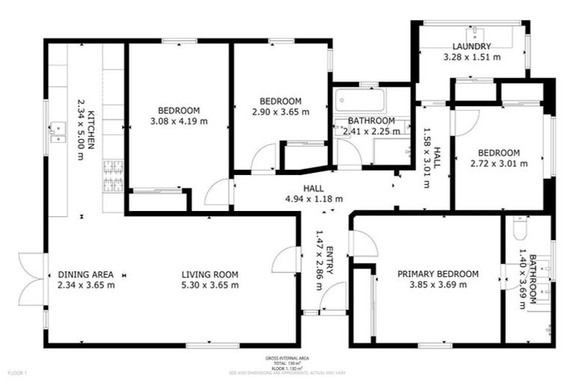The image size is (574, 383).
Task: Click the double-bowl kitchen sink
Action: [x=57, y=132]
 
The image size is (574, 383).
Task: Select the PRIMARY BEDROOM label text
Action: [x=437, y=274]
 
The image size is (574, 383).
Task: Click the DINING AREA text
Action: [x=86, y=274]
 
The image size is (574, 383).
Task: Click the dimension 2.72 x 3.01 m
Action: [x=499, y=163]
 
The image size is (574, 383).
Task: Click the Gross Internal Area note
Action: [x=286, y=362]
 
